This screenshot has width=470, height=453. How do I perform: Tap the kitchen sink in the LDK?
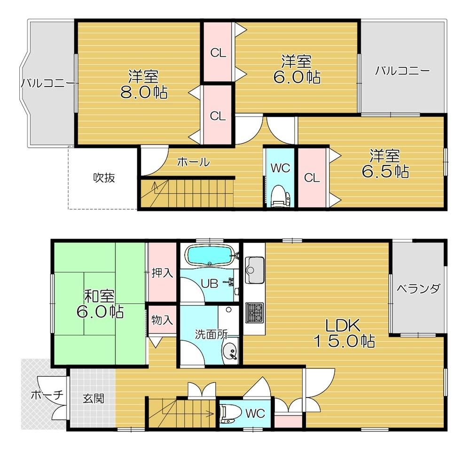tap(254, 270)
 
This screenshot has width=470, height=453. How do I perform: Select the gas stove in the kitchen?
tap(254, 313)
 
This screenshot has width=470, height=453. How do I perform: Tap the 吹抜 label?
tap(104, 178)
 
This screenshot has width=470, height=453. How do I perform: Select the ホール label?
tap(193, 162)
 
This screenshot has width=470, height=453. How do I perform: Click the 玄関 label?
tap(94, 398)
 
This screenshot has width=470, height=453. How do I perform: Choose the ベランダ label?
tap(419, 289)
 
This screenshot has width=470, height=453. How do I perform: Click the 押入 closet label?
tap(162, 273)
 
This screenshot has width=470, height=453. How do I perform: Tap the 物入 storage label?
tap(162, 320)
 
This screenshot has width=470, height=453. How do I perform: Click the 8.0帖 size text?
tap(144, 92)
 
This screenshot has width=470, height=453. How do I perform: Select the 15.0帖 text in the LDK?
tap(344, 341)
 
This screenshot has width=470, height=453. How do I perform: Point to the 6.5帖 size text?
tap(385, 171)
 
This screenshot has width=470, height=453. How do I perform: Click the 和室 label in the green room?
tap(99, 296)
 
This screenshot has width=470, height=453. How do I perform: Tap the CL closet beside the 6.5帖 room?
tap(312, 178)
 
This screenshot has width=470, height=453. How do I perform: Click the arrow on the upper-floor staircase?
tap(155, 188)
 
